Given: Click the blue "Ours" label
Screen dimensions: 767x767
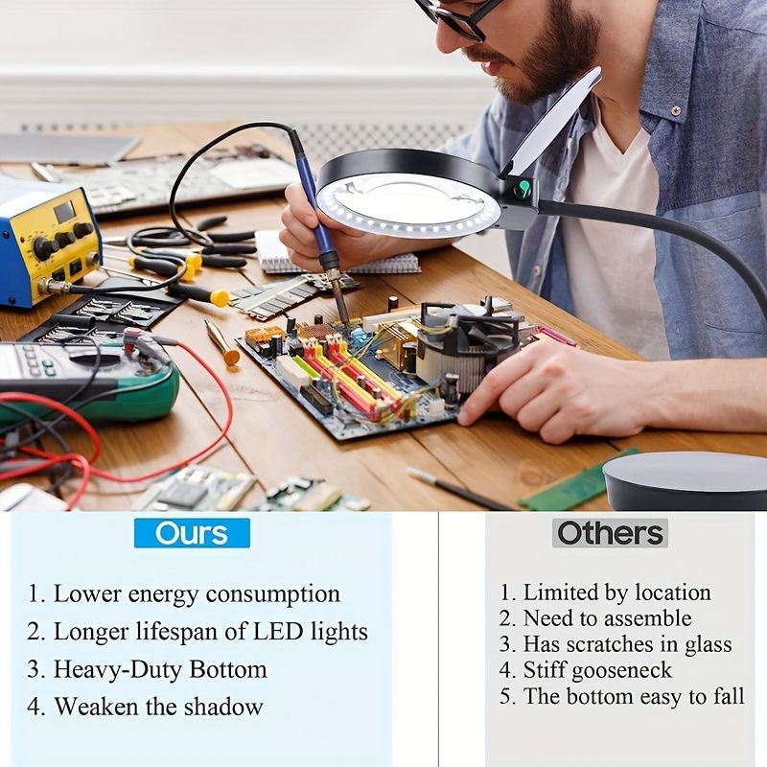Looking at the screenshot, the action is click(x=192, y=533).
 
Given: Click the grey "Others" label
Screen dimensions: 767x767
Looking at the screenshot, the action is click(x=610, y=533).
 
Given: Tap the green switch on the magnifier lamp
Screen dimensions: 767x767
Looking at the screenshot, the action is click(x=523, y=188).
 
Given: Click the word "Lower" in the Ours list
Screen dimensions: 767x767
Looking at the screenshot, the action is click(x=87, y=593).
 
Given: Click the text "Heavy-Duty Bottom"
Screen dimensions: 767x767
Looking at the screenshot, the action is click(x=160, y=670).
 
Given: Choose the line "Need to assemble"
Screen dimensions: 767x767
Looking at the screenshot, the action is click(x=608, y=618).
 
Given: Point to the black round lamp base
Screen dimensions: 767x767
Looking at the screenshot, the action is click(x=685, y=482).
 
